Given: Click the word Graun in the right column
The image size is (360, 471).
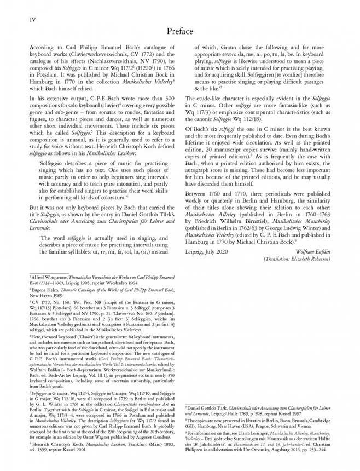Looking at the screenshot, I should click(x=227, y=47).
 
